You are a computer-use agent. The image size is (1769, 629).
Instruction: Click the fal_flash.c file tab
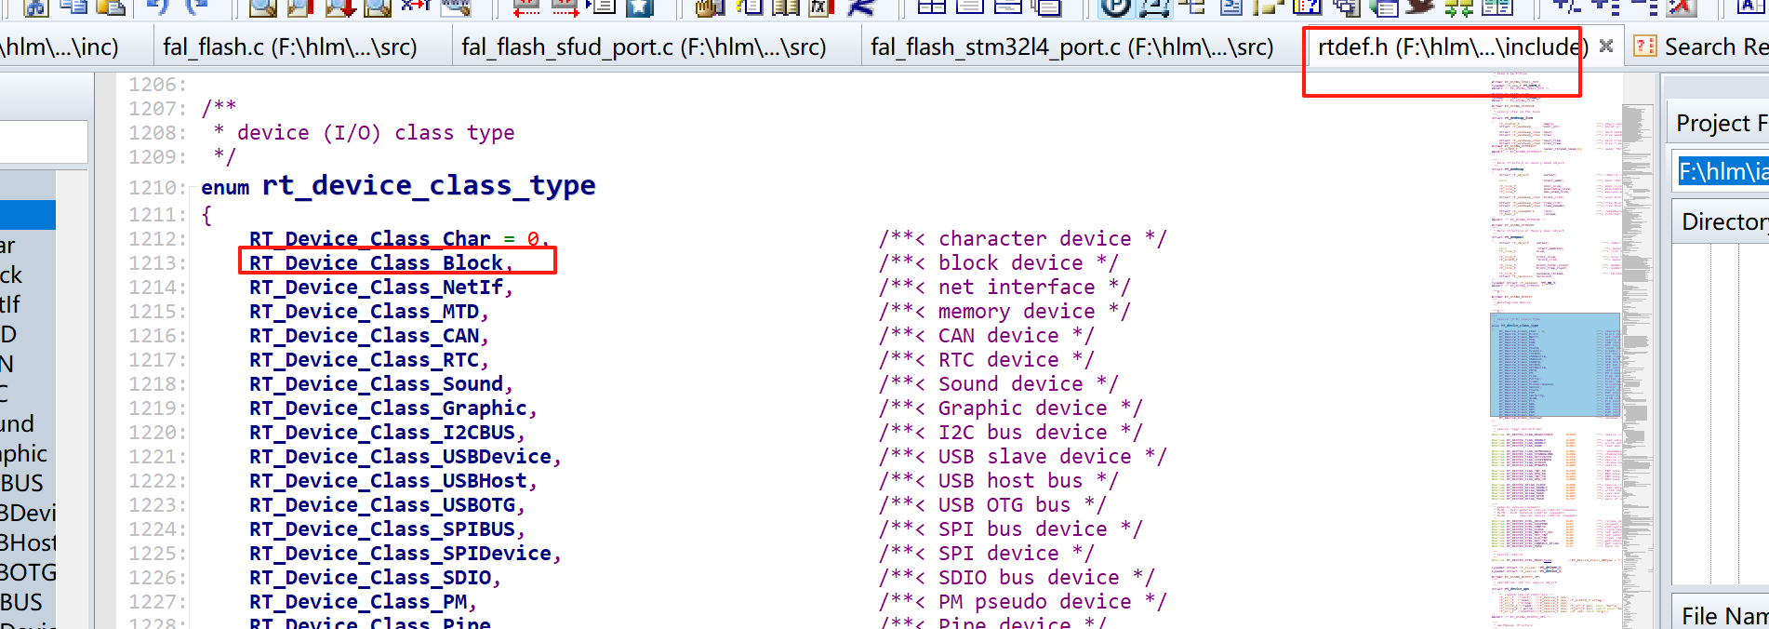click(289, 47)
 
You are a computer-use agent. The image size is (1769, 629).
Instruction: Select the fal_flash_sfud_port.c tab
click(644, 47)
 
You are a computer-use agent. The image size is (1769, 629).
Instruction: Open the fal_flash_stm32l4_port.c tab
click(1071, 47)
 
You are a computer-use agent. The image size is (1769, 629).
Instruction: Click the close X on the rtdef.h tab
click(1605, 46)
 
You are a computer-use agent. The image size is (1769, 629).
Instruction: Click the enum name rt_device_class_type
click(429, 185)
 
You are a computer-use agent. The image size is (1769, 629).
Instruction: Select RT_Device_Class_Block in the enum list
click(377, 263)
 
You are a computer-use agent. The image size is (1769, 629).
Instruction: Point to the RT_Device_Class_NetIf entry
click(377, 288)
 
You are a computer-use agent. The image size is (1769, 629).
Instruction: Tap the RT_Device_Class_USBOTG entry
click(382, 505)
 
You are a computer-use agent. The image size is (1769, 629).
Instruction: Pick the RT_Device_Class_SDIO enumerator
click(370, 578)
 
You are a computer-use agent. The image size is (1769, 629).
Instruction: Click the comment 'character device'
click(1034, 239)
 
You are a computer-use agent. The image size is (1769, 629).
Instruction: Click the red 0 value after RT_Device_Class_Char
click(533, 239)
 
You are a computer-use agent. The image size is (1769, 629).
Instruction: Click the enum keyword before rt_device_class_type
click(225, 188)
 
